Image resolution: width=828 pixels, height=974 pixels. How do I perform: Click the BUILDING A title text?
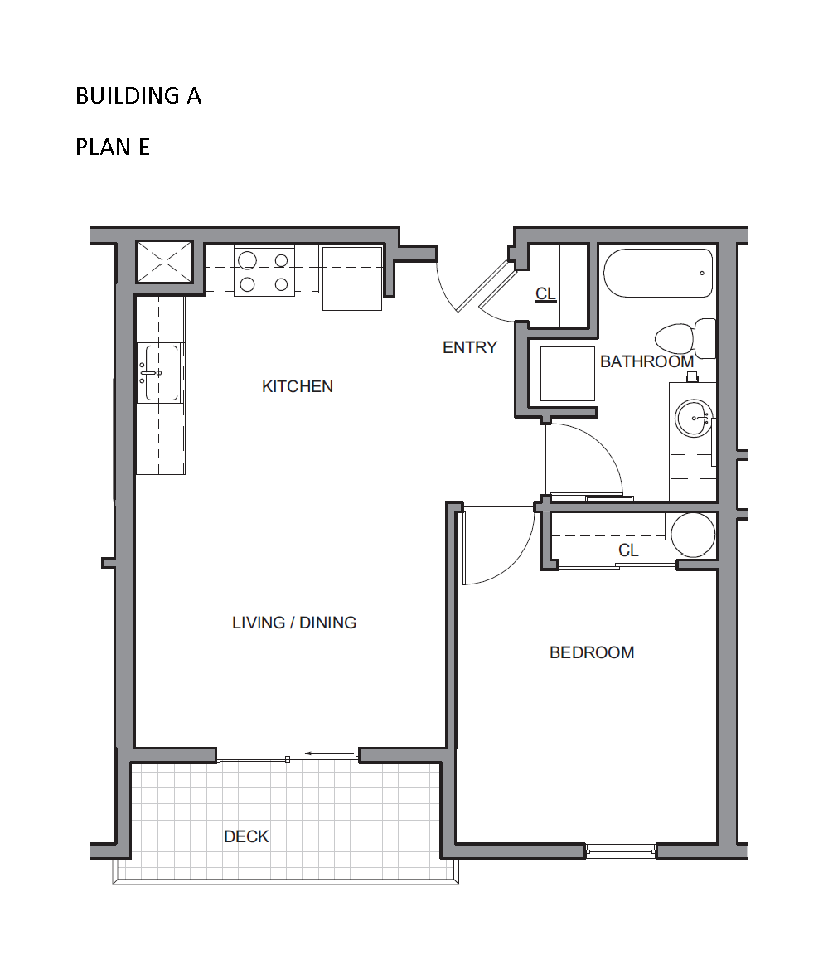pos(138,95)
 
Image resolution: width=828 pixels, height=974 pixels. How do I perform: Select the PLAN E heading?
pos(113,148)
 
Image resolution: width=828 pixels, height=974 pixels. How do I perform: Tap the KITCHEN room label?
pos(298,386)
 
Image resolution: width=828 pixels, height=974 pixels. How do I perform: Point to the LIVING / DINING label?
pos(294,623)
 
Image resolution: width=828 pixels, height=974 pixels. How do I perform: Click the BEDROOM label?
pos(592,652)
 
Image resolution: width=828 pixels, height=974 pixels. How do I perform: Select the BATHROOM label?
pos(646,361)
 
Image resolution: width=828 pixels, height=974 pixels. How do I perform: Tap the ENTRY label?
pos(470,347)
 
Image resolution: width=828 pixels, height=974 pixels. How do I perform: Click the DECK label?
pos(246,836)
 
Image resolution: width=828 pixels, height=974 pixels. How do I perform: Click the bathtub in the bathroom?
pos(658,274)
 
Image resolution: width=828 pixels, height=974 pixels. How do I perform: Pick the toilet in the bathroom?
pos(685,338)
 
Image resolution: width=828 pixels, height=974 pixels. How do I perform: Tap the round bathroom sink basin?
pos(693,418)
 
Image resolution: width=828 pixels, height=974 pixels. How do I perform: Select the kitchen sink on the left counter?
pos(160,373)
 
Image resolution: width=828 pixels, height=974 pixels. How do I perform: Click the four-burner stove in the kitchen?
pos(264,271)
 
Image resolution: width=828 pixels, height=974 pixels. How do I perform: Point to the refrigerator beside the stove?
pos(352,279)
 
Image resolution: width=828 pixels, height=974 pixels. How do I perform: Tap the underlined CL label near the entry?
pos(545,293)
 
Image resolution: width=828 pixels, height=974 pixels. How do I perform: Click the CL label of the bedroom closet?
pos(628,550)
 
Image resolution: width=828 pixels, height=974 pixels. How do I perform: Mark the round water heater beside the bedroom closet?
pos(693,535)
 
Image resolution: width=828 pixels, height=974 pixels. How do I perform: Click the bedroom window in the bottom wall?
pos(621,851)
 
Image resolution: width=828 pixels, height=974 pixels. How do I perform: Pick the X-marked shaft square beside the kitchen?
pos(164,262)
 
